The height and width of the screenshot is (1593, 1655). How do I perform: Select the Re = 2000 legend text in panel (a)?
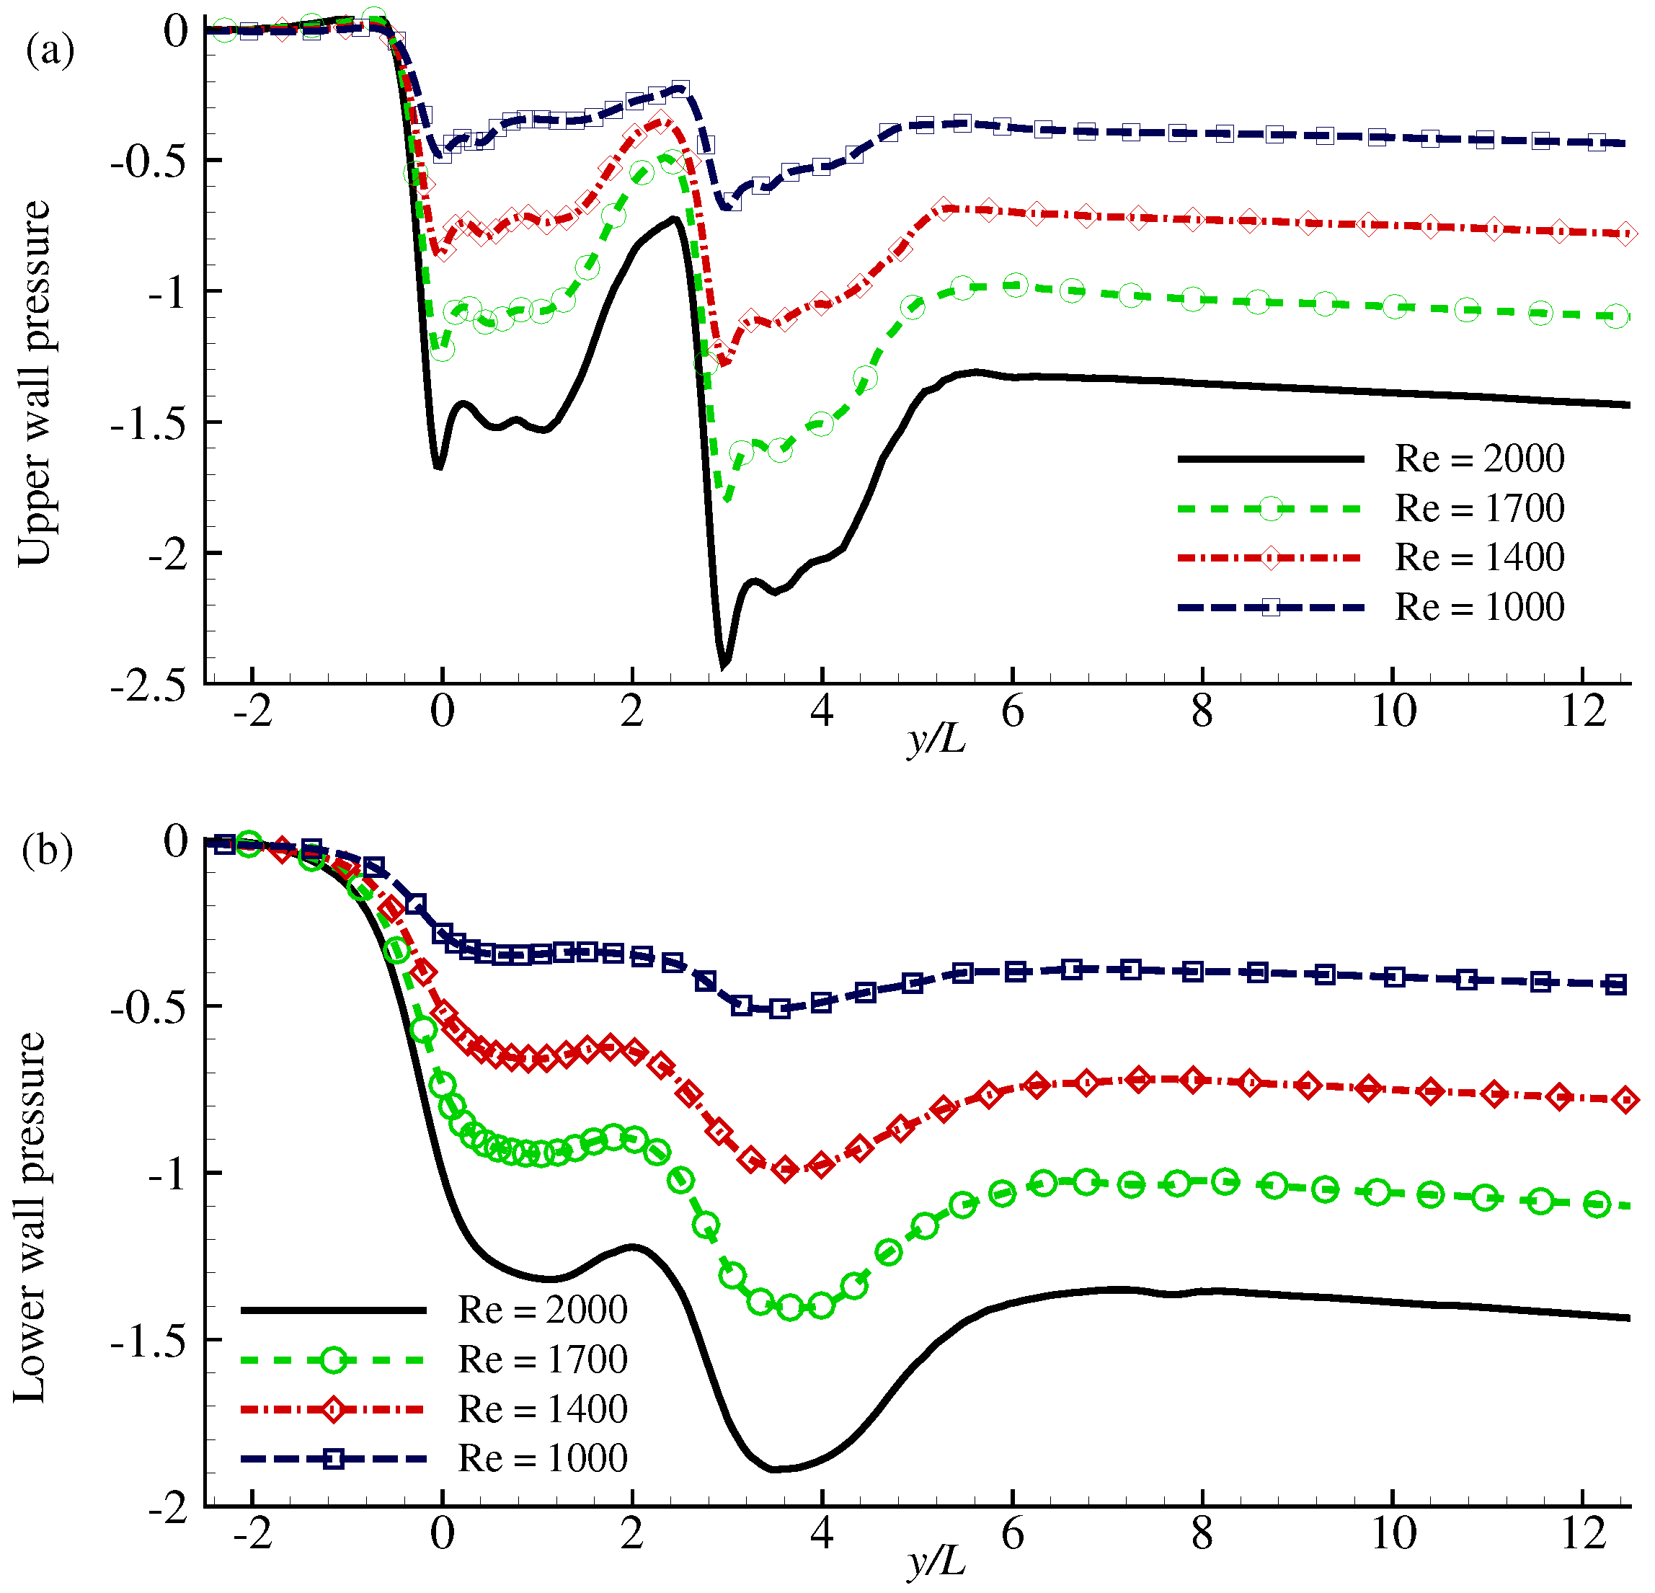(1479, 458)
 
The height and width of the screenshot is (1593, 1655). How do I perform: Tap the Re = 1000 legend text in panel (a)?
(1479, 607)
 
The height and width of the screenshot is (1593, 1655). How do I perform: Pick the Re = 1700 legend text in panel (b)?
(542, 1359)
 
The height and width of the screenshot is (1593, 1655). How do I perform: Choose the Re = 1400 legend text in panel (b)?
(542, 1409)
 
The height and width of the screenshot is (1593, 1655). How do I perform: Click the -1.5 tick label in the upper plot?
(148, 423)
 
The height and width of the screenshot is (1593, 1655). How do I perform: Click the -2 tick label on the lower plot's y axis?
(167, 1507)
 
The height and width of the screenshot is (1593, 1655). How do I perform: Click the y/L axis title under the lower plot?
(936, 1563)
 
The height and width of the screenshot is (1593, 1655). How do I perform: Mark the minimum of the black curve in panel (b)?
(773, 1470)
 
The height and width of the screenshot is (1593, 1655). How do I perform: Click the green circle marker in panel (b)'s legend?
(334, 1360)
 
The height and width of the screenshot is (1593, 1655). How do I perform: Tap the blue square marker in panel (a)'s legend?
(1270, 607)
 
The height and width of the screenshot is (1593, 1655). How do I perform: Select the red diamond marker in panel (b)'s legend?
(334, 1409)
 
